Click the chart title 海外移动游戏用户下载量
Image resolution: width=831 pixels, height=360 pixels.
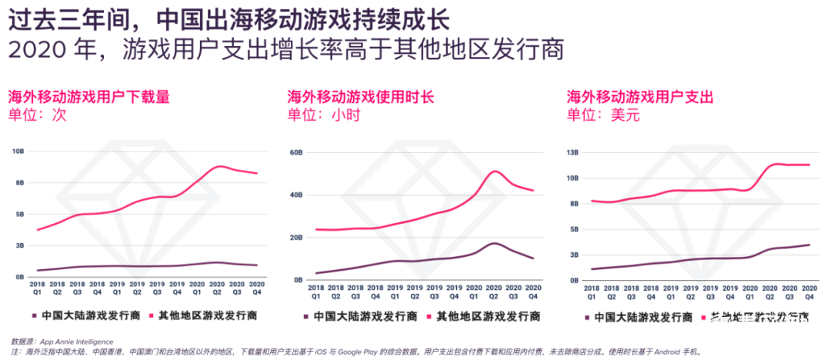pos(88,97)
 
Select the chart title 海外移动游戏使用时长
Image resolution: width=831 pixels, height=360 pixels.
pos(361,97)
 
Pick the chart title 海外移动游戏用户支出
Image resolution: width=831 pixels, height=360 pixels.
pos(640,97)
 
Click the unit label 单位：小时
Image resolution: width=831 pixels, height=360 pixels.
pos(323,115)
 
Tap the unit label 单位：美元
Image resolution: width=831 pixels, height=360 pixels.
pos(603,115)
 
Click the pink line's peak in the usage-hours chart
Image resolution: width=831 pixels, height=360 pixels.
pos(495,171)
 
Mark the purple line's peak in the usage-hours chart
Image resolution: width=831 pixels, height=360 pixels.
pos(495,243)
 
